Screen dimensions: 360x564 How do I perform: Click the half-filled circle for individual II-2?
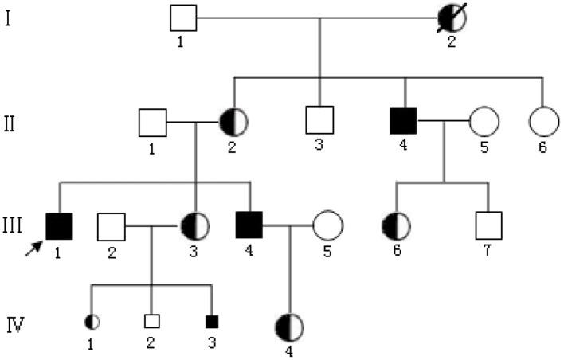[233, 123]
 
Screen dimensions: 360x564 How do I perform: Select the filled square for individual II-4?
[404, 123]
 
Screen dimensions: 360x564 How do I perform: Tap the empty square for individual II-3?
[319, 123]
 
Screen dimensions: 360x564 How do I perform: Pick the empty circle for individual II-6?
[542, 122]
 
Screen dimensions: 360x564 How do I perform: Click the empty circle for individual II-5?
[484, 123]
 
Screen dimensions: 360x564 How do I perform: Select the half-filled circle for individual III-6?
[396, 227]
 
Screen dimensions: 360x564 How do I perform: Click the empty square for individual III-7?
[487, 227]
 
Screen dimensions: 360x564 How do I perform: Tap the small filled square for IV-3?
[212, 323]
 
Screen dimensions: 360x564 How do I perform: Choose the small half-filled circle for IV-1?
[92, 323]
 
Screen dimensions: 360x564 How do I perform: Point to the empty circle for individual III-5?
[327, 227]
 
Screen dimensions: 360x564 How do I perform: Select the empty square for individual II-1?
[152, 123]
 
